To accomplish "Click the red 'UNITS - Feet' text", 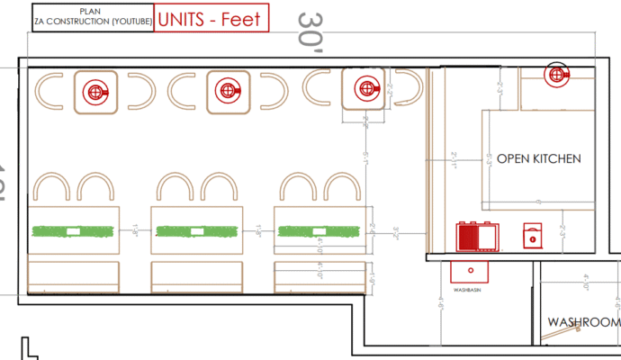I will tap(211, 20).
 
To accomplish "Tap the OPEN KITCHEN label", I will tap(539, 158).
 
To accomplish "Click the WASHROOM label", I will tap(584, 322).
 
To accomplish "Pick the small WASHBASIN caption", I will tap(469, 290).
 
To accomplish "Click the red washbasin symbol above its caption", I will tap(469, 270).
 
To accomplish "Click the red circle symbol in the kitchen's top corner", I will tap(558, 76).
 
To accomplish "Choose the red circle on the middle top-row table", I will tap(227, 90).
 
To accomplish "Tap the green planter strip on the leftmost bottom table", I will tap(74, 231).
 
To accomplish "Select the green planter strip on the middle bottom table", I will tap(196, 231).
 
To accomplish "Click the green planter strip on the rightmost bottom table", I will tap(319, 231).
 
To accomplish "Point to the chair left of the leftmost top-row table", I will tap(49, 89).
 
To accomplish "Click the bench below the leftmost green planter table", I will tap(74, 273).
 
